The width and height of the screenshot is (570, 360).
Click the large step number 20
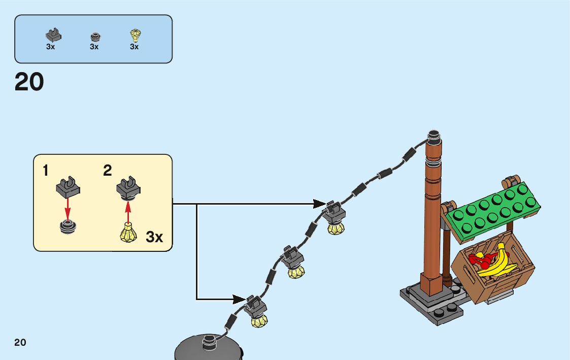click(29, 82)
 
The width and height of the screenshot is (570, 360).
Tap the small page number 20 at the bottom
click(20, 342)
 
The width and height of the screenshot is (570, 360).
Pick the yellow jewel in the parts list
click(135, 35)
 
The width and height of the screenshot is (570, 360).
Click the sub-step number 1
click(46, 171)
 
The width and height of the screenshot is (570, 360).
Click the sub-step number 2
click(107, 171)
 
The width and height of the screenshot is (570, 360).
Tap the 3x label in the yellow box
click(154, 237)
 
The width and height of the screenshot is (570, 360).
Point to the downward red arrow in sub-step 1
click(68, 208)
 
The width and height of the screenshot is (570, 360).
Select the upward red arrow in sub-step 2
click(128, 211)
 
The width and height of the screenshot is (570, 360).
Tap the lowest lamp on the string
click(258, 312)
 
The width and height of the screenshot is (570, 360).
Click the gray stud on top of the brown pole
click(432, 136)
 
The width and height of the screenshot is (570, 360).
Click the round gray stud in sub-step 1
click(68, 226)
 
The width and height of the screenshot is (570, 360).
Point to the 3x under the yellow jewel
click(134, 47)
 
